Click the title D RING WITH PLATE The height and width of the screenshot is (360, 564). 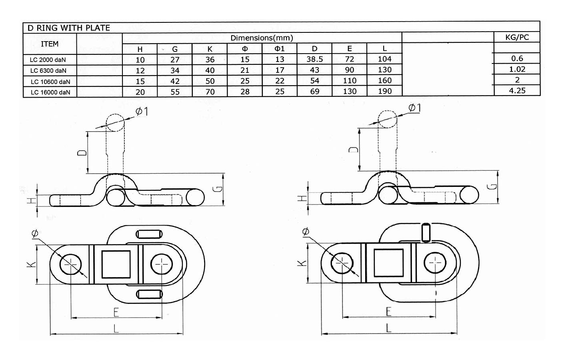[68, 28]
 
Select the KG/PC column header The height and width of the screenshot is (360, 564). [517, 37]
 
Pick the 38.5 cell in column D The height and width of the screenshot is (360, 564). [314, 59]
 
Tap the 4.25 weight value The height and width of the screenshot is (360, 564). [517, 90]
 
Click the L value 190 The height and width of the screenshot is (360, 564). [384, 91]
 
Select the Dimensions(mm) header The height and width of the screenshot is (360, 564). [262, 38]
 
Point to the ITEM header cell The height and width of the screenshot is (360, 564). [50, 44]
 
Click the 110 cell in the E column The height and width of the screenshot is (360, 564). [349, 81]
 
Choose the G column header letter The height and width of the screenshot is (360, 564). [175, 49]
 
